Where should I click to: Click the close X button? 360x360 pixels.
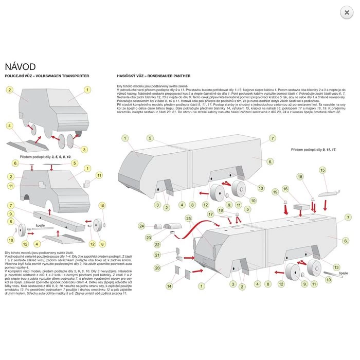coord(344,13)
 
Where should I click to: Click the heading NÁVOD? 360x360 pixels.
coord(20,66)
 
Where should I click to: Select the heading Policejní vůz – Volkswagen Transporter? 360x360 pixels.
coord(47,76)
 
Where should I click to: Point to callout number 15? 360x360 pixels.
coord(322,170)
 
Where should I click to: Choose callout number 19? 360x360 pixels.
coord(275,191)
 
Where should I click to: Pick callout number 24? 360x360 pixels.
coord(141,226)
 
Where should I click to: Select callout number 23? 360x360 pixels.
coord(148,237)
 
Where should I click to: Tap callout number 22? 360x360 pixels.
coord(157,245)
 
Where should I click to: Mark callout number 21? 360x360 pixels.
coord(157,255)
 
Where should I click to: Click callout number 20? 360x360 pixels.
coord(157,267)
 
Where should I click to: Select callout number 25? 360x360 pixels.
coord(189,220)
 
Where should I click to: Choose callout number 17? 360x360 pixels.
coord(210,213)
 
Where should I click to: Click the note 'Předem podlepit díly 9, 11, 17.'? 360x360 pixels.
coord(313,150)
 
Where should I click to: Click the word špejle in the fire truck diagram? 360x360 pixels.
coord(344,273)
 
